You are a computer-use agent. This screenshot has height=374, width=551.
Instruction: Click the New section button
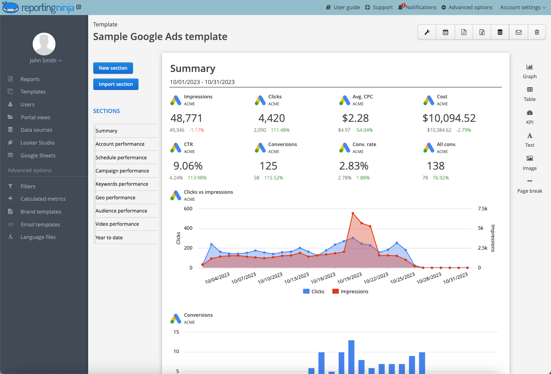click(x=113, y=68)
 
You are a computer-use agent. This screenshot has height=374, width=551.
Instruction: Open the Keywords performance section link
click(x=122, y=184)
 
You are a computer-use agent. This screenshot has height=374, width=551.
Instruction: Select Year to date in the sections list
click(x=109, y=237)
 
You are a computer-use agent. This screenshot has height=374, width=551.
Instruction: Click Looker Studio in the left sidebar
click(x=37, y=143)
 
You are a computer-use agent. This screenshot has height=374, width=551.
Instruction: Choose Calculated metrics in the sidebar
click(x=43, y=199)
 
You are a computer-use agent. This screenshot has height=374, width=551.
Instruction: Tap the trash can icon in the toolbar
click(x=537, y=32)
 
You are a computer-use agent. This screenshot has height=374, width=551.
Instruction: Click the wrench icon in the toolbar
click(x=427, y=32)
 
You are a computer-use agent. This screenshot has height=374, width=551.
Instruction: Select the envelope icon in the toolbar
click(x=518, y=32)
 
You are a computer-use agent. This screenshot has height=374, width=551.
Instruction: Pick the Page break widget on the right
click(x=529, y=186)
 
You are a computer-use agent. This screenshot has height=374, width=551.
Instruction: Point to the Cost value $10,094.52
click(x=449, y=118)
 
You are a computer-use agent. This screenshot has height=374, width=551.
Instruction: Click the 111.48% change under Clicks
click(x=280, y=130)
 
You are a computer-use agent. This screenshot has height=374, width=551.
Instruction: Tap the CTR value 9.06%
click(x=188, y=166)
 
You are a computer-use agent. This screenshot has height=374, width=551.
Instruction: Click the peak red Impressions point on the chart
click(x=353, y=213)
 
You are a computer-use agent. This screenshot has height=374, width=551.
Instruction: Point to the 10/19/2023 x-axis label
click(x=350, y=278)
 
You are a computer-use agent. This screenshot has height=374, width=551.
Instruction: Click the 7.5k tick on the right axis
click(x=482, y=208)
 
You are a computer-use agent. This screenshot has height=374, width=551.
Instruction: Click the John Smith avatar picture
click(x=44, y=44)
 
